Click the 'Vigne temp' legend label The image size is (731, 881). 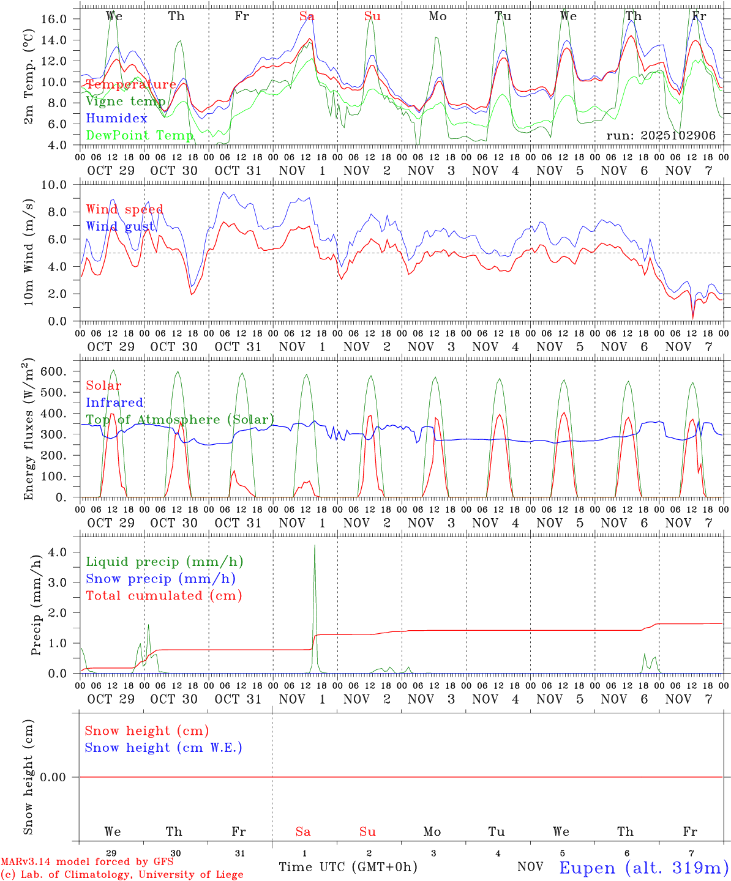126,102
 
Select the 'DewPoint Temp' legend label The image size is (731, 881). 140,135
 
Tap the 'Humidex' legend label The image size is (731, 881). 116,118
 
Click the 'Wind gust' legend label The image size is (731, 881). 120,226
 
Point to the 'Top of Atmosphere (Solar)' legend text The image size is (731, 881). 180,420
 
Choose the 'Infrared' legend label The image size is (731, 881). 114,403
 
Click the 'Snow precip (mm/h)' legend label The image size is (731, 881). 160,579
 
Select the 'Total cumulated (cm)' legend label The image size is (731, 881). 163,596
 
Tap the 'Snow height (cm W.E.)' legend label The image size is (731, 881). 163,748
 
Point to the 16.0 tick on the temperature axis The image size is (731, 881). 54,19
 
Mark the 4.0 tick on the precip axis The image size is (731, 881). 57,552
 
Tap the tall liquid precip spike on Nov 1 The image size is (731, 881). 315,548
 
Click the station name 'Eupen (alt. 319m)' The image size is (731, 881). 643,868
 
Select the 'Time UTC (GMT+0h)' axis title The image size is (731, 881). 348,867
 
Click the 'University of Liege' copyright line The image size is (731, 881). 122,874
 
